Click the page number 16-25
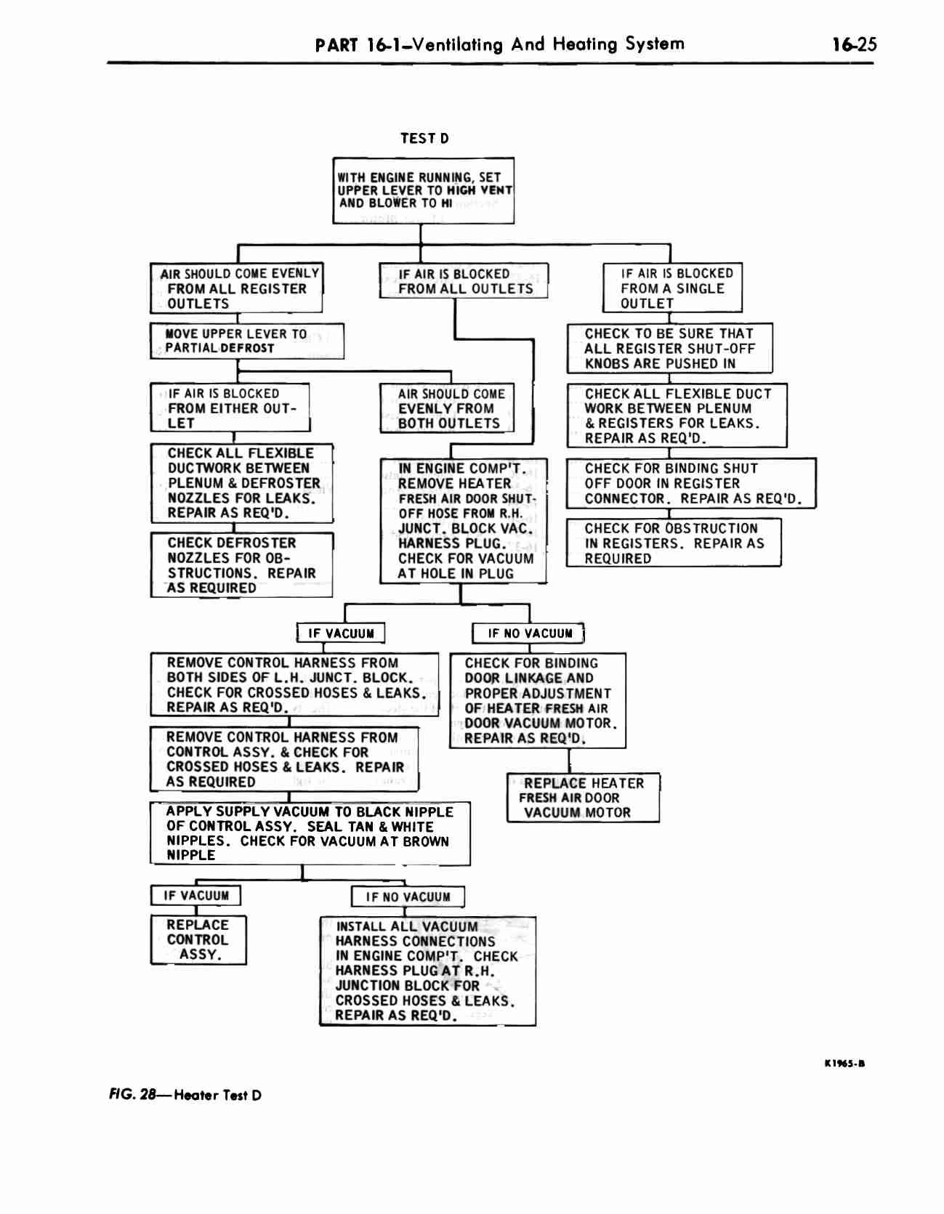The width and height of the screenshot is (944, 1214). click(855, 44)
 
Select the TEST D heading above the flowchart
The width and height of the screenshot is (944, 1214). click(424, 138)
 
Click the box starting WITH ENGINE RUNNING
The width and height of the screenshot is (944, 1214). click(424, 190)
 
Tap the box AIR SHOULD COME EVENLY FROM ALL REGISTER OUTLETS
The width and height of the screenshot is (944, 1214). click(236, 288)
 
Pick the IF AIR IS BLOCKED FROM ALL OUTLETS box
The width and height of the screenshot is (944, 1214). click(464, 281)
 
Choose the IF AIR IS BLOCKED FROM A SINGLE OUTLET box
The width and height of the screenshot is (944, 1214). click(672, 288)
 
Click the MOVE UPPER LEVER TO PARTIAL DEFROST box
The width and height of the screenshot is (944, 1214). click(247, 341)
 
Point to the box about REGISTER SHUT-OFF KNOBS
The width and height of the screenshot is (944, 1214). click(669, 348)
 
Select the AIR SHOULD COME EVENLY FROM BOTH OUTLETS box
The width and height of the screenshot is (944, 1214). click(447, 408)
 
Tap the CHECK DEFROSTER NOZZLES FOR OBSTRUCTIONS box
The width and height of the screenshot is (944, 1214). click(241, 565)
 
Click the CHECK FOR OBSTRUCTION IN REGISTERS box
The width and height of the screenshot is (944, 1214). click(674, 543)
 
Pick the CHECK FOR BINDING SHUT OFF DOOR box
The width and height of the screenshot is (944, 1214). click(691, 483)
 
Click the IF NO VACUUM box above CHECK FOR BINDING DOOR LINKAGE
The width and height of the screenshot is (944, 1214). click(528, 634)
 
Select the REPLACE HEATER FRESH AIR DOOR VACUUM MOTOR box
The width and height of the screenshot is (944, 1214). click(583, 798)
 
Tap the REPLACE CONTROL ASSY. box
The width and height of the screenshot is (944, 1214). click(198, 939)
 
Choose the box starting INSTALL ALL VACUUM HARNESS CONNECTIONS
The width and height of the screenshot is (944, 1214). click(427, 971)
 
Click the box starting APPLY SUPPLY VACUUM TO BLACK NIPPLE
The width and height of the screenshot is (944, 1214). click(310, 833)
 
